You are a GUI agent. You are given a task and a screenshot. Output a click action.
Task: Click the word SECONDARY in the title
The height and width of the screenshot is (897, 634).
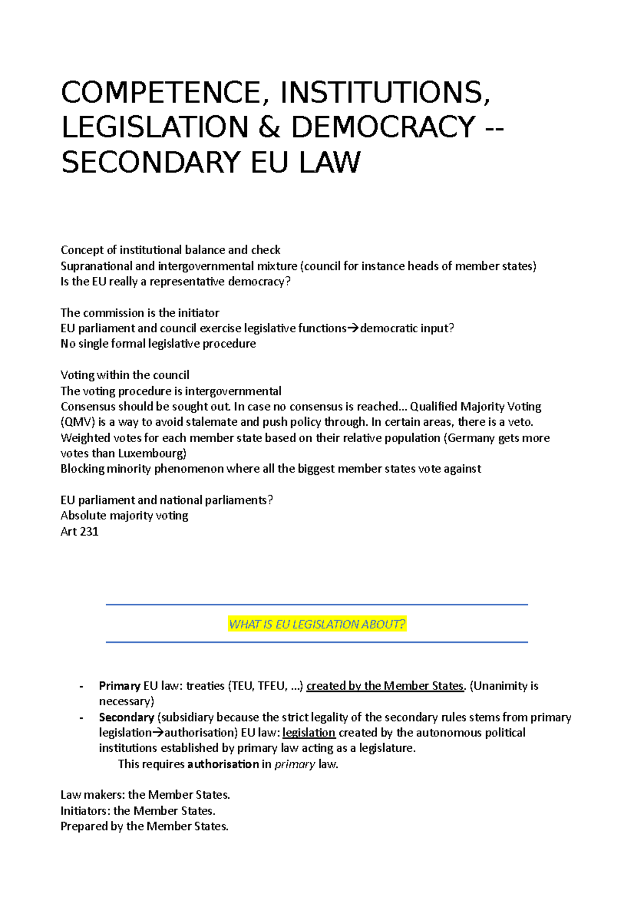pos(152,162)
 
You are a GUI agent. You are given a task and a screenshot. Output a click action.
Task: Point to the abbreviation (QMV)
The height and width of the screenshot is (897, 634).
pos(78,422)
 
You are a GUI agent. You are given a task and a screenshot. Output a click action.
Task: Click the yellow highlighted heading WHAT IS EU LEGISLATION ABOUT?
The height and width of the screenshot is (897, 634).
pos(316,624)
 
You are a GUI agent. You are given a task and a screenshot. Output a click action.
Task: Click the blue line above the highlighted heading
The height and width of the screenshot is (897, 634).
pos(316,604)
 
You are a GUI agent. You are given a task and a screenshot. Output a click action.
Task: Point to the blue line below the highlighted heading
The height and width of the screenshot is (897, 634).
pos(316,642)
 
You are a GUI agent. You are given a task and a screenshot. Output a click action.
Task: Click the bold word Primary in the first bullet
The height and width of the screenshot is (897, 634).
pos(119,686)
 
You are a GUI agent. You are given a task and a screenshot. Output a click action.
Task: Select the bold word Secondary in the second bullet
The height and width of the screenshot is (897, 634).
pos(126,717)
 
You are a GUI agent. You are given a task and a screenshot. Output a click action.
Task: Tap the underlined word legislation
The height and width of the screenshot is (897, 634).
pos(309,733)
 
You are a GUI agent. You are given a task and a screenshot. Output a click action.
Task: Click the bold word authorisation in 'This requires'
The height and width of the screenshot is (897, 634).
pos(223,764)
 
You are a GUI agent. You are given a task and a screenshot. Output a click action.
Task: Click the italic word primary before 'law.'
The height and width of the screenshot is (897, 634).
pos(294,764)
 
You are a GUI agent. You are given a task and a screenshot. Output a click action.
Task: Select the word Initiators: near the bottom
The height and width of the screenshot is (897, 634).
pos(85,811)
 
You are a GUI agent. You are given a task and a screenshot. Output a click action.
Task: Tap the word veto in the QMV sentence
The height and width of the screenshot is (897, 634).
pos(520,422)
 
